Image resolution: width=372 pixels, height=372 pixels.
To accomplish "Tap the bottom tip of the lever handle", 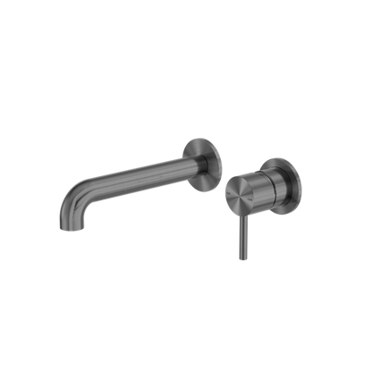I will [239, 260].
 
